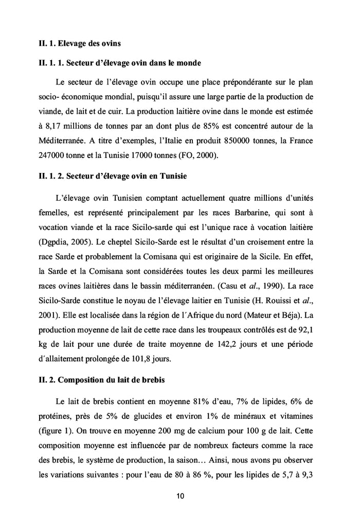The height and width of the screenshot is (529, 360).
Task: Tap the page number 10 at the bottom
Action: click(180, 497)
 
